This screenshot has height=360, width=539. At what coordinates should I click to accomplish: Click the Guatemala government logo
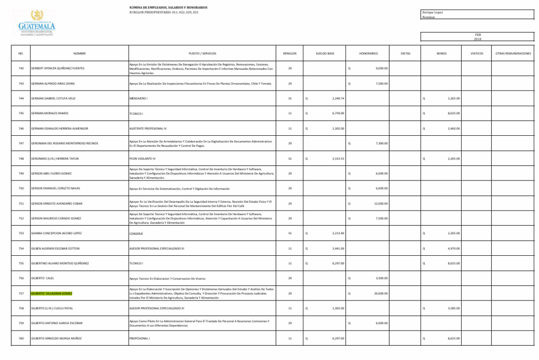37,22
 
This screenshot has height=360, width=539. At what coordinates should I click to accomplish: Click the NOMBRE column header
79,53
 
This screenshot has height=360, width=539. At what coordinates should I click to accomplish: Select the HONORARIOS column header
368,53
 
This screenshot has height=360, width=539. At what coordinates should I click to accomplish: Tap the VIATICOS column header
476,53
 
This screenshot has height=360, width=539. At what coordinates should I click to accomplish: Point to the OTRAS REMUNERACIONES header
513,53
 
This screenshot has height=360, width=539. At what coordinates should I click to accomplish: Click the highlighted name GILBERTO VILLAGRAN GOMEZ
52,293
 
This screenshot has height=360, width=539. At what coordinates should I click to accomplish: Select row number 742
21,68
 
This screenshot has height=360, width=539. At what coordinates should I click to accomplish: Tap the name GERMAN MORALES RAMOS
49,113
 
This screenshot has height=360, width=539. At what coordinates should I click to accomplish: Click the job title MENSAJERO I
138,98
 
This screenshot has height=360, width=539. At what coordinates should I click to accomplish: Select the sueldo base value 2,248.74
338,98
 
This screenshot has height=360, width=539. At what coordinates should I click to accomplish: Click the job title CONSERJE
136,233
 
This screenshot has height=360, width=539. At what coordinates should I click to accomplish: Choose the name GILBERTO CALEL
43,278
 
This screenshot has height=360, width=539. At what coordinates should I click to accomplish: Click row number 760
21,338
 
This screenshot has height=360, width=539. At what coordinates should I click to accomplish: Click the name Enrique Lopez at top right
433,12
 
